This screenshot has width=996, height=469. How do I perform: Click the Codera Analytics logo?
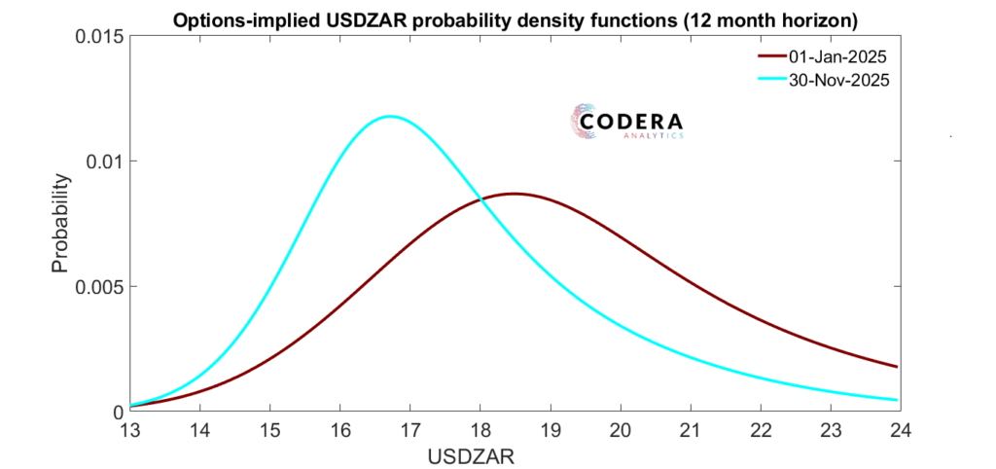(x=626, y=123)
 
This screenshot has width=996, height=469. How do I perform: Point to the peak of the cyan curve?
(x=391, y=116)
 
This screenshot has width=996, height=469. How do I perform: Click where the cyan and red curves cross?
(x=480, y=198)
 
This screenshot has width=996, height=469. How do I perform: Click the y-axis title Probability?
(x=60, y=224)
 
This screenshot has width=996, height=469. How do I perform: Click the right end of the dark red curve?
(x=897, y=367)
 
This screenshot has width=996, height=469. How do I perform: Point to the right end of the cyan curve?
(x=897, y=400)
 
